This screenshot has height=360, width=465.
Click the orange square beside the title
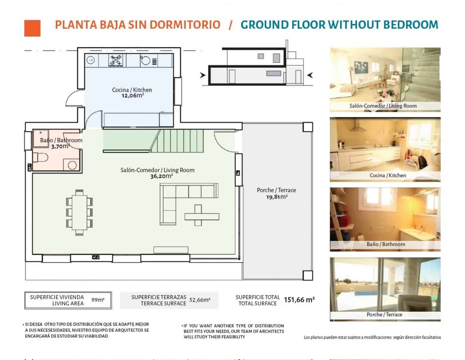click(32, 28)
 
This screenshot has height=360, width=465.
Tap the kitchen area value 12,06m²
click(132, 96)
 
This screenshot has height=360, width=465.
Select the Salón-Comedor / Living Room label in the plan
click(157, 170)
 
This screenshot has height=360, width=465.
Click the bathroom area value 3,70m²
click(60, 146)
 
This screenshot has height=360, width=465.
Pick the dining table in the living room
click(79, 212)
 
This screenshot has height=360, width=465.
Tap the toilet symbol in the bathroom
click(41, 158)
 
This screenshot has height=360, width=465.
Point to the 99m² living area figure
click(98, 300)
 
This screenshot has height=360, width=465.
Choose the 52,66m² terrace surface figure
click(200, 300)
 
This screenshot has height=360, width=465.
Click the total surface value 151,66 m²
click(299, 300)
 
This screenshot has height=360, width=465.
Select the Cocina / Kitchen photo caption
click(388, 176)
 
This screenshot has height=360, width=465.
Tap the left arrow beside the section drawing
click(202, 75)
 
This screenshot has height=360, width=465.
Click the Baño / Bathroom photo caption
click(386, 244)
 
